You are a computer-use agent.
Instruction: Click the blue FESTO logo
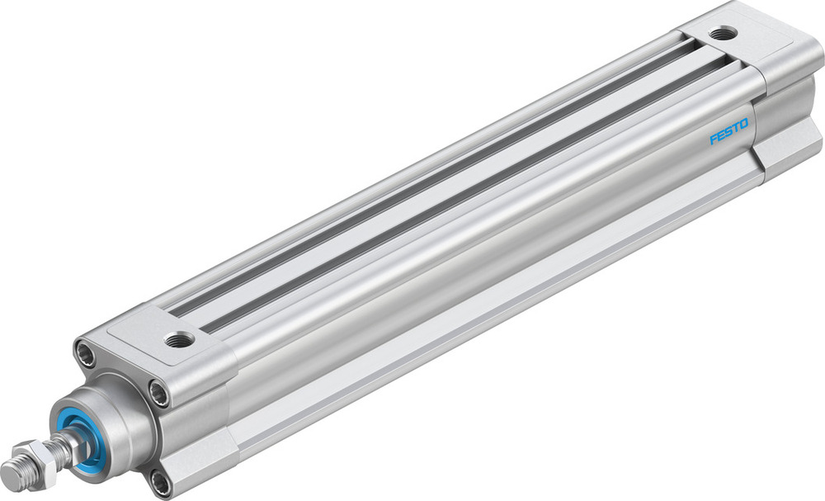[x=728, y=131]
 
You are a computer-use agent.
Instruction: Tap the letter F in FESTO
[x=714, y=139]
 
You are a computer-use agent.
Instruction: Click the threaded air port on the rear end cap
[x=724, y=34]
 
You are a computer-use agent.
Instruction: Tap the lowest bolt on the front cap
[x=160, y=482]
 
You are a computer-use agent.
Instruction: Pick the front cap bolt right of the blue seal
[x=158, y=394]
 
